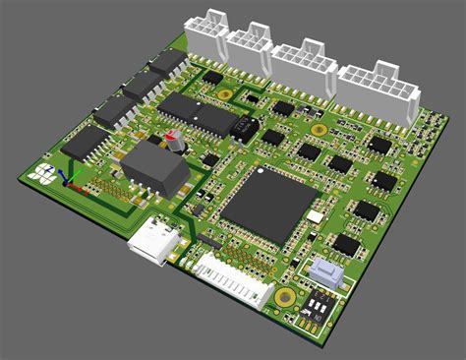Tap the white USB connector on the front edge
click(153, 241)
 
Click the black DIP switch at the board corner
click(317, 311)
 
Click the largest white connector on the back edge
click(379, 91)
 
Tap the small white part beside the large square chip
click(315, 215)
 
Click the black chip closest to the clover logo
click(87, 145)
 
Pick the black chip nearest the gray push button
click(345, 245)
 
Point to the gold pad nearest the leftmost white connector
click(225, 95)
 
